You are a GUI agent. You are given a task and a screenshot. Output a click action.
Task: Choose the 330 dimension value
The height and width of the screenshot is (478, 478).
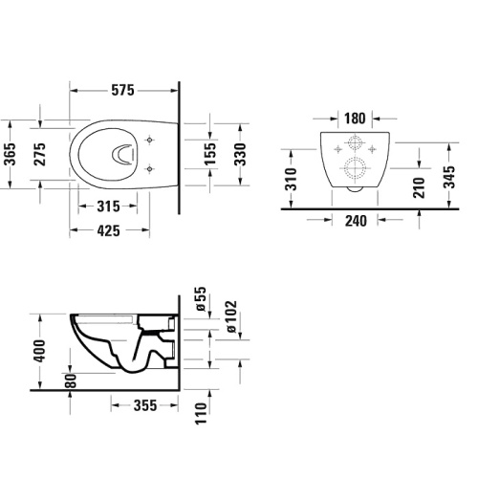243,153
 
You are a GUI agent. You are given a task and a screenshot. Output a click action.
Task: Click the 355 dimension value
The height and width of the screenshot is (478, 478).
143,405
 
